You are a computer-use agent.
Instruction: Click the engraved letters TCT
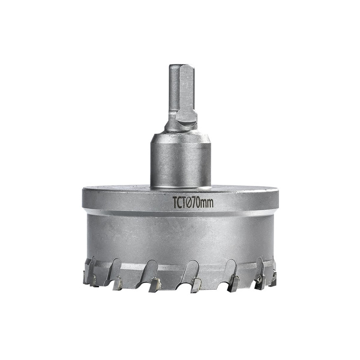(179, 202)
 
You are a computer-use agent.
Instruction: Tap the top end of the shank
(181, 65)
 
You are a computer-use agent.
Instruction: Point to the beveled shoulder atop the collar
(181, 137)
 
